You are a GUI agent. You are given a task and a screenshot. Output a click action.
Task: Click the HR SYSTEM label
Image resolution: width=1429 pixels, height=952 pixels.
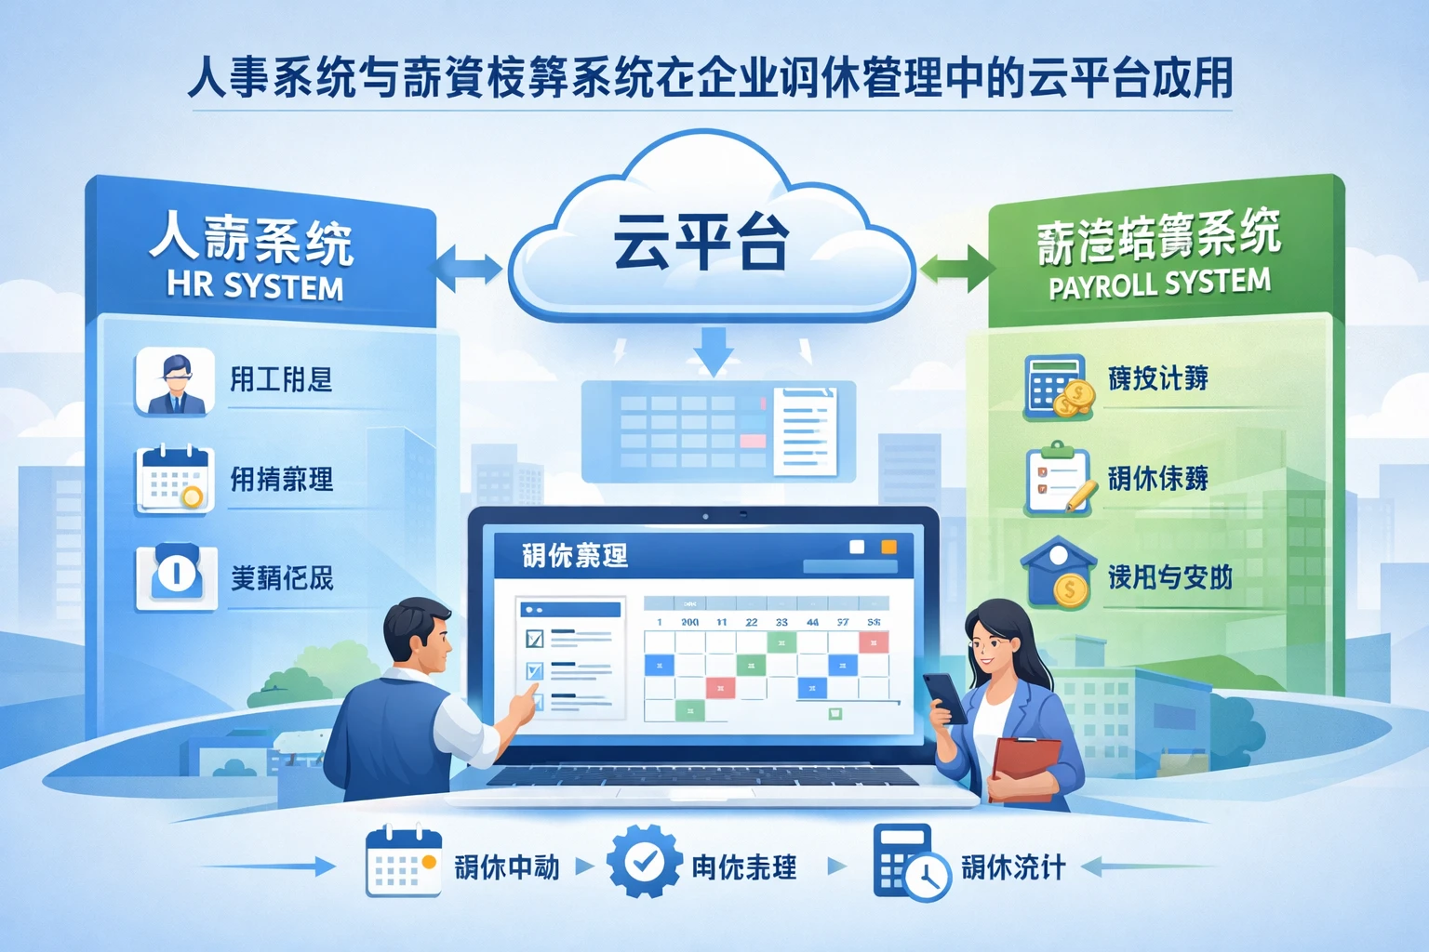(255, 285)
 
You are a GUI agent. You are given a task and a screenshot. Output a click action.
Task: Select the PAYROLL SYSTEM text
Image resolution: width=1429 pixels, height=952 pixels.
(1159, 284)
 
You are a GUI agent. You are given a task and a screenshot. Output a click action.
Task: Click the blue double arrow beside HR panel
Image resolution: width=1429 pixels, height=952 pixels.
(468, 268)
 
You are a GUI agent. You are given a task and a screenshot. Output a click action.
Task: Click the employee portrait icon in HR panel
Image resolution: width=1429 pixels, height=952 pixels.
(175, 381)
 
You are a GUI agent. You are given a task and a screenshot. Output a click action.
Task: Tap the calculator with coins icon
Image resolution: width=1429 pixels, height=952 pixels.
(1058, 386)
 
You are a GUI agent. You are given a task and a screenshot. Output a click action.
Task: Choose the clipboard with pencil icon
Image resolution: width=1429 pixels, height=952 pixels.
(1058, 479)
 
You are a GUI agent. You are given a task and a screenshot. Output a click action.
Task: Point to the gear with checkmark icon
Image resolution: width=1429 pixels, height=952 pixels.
(644, 861)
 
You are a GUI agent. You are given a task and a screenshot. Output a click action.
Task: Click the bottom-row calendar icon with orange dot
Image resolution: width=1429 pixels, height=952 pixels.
(403, 862)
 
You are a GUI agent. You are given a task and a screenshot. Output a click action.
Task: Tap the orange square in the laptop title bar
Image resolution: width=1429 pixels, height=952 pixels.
(888, 547)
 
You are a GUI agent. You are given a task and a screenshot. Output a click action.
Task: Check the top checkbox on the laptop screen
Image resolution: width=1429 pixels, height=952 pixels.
(535, 639)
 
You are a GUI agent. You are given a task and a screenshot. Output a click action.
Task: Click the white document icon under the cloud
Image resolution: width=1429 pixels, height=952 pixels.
(805, 430)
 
